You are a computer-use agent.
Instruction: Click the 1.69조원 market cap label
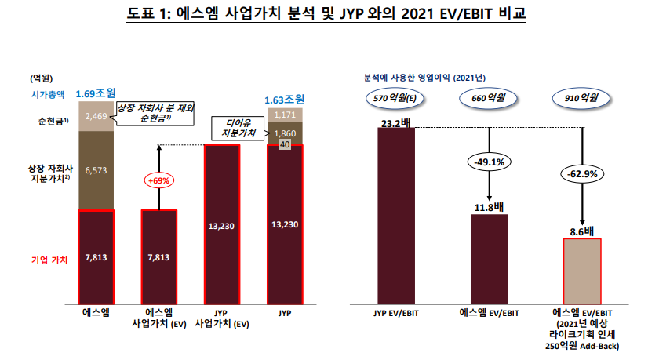96,95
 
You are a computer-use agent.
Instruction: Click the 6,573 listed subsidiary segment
96,169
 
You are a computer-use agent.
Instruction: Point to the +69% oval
158,181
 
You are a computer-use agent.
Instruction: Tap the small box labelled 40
284,145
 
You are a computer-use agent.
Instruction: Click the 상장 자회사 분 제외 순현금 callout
155,111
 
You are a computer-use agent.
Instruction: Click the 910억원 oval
581,99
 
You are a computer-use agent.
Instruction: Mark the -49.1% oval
490,163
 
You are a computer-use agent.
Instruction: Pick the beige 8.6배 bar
581,270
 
